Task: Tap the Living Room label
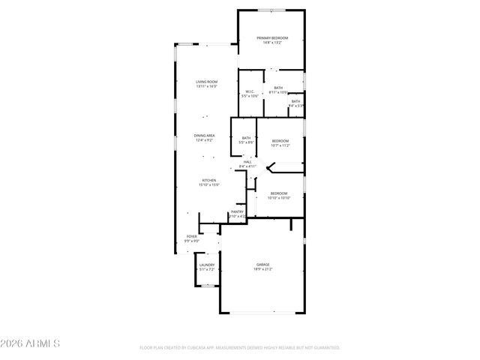(x=206, y=81)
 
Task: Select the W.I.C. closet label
(x=250, y=91)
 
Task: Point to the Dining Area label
(x=205, y=136)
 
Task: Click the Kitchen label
(x=208, y=180)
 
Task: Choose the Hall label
(x=247, y=161)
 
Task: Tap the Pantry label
(x=237, y=211)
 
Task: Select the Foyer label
(x=192, y=236)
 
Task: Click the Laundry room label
(x=207, y=265)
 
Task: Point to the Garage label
(x=263, y=265)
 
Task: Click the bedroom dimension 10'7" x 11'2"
(x=280, y=145)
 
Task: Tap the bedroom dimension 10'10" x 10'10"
(x=279, y=198)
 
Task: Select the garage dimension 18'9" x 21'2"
(x=263, y=269)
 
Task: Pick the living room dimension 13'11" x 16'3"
(x=206, y=86)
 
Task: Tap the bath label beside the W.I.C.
(x=278, y=88)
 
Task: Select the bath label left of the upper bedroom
(x=246, y=137)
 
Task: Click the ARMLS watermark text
(x=30, y=343)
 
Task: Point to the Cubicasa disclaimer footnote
(x=240, y=348)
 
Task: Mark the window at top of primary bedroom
(x=271, y=10)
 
